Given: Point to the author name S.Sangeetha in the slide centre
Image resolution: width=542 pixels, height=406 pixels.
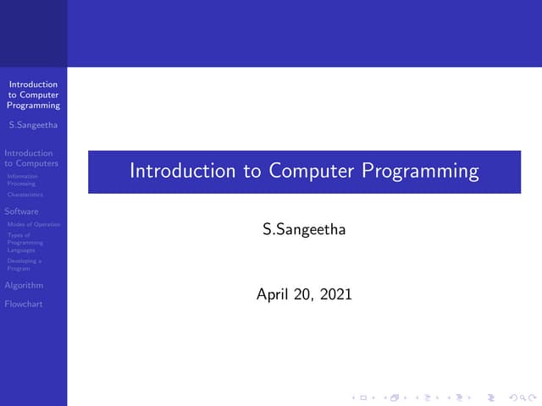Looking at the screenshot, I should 304,229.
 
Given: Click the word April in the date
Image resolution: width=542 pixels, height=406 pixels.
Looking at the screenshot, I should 272,295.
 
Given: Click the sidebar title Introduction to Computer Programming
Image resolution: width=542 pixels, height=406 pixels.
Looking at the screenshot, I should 34,95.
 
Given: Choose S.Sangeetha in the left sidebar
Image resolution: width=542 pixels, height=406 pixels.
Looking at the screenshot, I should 33,127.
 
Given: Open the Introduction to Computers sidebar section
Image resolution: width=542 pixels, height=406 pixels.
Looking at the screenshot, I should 31,158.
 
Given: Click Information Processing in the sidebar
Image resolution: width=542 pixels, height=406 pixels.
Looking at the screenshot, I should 22,179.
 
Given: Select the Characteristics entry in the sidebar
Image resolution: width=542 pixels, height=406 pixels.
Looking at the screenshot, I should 25,195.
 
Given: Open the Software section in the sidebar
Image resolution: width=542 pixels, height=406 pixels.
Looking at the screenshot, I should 21,211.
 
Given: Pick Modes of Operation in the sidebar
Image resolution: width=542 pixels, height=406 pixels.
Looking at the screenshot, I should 34,224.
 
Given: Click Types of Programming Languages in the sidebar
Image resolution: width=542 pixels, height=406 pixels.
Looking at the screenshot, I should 25,243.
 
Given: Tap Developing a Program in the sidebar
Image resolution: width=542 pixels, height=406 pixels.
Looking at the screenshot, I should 25,264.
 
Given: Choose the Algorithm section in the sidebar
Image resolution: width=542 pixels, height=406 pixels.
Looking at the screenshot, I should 24,285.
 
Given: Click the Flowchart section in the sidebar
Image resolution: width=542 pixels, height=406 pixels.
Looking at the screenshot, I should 23,304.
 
